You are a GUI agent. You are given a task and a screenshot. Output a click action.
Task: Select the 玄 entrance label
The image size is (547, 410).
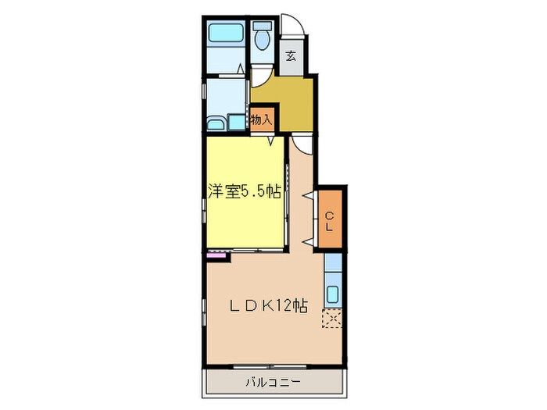(x=291, y=55)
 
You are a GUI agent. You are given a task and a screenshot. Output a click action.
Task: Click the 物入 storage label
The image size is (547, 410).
(x=262, y=119)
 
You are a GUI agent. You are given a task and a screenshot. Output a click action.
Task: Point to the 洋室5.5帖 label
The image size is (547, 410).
(x=244, y=192)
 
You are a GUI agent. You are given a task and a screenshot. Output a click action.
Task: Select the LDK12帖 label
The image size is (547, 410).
(x=267, y=307)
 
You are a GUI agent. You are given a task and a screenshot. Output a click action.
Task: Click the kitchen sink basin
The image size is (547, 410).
(x=332, y=296)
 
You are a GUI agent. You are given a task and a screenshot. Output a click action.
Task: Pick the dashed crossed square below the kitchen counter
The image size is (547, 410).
(x=332, y=319)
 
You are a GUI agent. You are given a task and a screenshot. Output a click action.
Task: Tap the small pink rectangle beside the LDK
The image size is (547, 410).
(x=213, y=254)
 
